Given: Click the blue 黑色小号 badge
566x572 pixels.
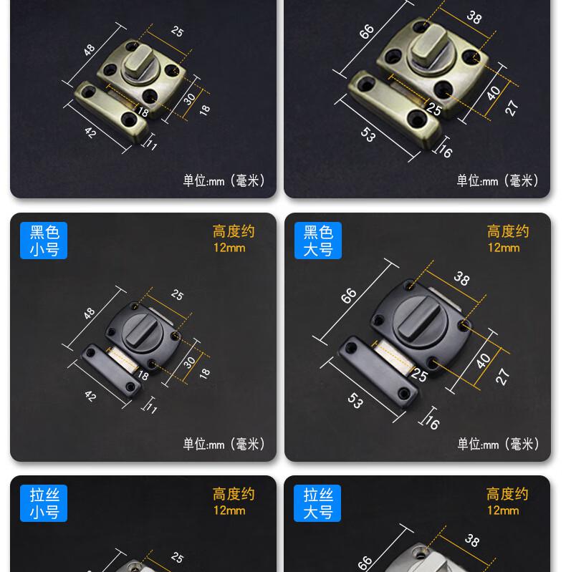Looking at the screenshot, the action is (44, 241).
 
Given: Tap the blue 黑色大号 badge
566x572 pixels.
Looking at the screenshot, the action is (318, 241).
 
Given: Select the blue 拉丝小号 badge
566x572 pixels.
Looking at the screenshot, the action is (44, 503).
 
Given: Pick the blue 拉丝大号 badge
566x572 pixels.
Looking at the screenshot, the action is (317, 503).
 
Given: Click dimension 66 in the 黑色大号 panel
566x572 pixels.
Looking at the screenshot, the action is (348, 296).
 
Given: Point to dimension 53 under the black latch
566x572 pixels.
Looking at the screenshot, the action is (355, 401).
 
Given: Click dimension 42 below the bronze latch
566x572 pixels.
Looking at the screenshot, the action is (90, 132).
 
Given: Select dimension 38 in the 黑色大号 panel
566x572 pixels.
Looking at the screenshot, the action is (461, 279).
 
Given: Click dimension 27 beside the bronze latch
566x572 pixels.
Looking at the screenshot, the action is (512, 108).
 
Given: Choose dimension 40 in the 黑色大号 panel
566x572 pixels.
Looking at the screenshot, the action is (483, 361).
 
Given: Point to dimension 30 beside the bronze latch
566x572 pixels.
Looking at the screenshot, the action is (189, 99).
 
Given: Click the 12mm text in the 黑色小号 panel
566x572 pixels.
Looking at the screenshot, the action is (229, 248).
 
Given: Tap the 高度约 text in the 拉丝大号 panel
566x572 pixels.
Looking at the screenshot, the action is (507, 494).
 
